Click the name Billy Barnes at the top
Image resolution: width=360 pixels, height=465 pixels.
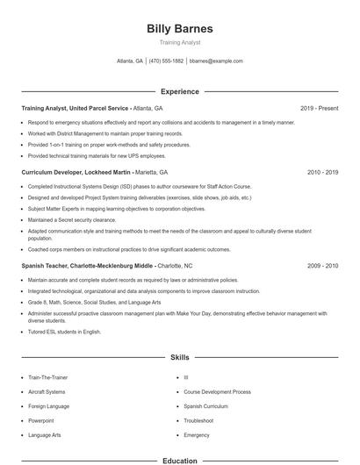point(179,28)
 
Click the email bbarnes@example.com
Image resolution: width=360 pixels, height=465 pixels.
point(216,61)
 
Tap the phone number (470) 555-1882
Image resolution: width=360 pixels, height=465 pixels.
point(166,61)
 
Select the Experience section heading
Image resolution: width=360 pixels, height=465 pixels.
point(179,91)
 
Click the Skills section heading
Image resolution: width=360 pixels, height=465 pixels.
point(179,358)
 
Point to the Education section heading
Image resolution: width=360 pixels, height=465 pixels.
point(179,460)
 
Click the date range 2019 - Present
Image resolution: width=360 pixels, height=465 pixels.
point(319,108)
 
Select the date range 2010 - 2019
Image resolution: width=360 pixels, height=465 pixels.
point(322,173)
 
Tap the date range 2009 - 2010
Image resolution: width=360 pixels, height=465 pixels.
point(322,265)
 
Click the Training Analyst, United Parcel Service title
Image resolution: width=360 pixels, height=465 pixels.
point(75,108)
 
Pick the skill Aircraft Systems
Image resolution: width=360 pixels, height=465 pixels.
point(47,391)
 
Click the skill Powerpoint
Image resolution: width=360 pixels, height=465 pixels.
point(41,420)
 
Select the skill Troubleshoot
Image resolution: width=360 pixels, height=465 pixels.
point(199,420)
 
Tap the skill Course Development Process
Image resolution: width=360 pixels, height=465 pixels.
point(217,391)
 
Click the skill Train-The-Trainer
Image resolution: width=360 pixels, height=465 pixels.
point(47,377)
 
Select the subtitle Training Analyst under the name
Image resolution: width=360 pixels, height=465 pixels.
point(179,42)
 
